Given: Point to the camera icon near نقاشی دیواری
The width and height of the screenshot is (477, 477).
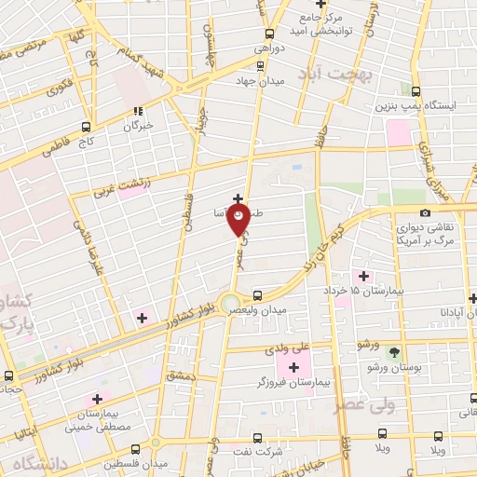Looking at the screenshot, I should [426, 213].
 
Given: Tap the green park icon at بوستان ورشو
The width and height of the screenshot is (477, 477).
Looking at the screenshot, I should [394, 353].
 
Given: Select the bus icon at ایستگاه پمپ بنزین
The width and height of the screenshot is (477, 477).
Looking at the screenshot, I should [416, 90].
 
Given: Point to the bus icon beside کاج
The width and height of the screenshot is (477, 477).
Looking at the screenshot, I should [87, 128].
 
